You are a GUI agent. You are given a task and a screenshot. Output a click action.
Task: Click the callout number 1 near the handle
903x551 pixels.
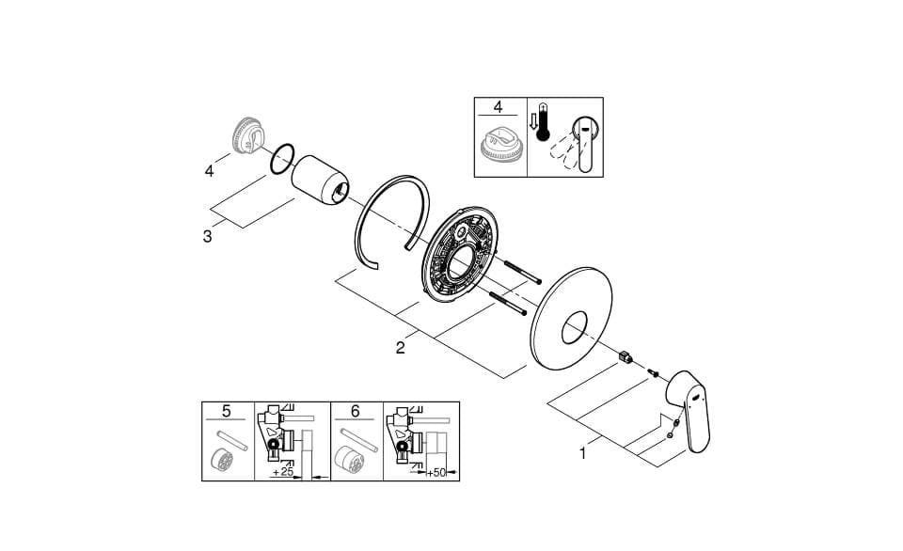583,454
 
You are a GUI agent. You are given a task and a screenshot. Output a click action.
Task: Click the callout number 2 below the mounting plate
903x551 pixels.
400,348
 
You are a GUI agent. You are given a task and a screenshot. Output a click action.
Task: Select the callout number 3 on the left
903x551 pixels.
207,237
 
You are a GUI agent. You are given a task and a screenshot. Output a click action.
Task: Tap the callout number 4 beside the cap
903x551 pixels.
209,171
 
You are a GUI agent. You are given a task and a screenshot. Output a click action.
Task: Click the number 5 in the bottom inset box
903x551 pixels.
227,411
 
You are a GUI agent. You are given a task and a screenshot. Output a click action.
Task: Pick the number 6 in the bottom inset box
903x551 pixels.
355,411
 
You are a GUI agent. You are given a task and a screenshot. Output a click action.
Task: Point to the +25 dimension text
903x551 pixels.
283,472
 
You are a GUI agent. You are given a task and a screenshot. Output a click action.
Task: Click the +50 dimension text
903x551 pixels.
436,473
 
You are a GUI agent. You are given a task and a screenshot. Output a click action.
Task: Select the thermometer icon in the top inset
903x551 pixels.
543,122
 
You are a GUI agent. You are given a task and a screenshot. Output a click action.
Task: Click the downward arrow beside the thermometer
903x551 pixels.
533,121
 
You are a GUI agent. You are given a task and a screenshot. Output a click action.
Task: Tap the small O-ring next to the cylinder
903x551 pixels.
282,159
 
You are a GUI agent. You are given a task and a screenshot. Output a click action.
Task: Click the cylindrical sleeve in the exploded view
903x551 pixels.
319,180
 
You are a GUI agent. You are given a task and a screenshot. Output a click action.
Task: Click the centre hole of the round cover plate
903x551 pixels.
574,327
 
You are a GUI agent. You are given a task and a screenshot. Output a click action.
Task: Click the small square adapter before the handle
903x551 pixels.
625,357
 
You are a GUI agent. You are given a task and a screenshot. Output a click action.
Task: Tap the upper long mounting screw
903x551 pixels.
523,272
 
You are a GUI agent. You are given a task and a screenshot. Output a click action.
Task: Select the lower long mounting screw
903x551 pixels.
507,304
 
